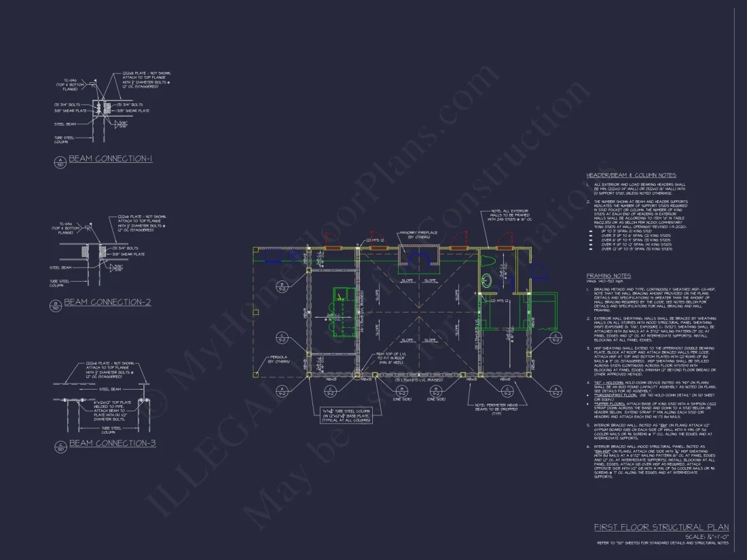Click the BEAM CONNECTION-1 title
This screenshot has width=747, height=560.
coord(111,159)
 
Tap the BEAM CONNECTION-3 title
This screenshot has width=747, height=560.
coord(113,443)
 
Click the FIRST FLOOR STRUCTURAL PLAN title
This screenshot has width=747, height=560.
coord(661,527)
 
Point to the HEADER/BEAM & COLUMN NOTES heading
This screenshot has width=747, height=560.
coord(631,175)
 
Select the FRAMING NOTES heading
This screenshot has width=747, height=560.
coord(608,276)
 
